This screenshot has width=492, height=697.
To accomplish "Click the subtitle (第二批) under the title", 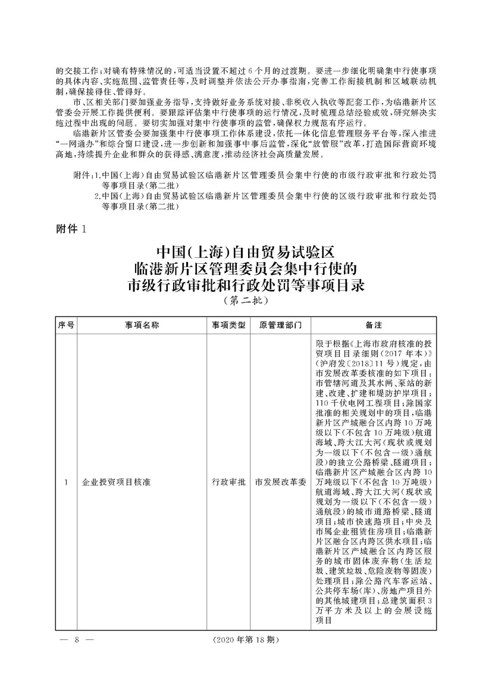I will (246, 301).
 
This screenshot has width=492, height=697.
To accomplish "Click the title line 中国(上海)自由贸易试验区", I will (246, 251).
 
